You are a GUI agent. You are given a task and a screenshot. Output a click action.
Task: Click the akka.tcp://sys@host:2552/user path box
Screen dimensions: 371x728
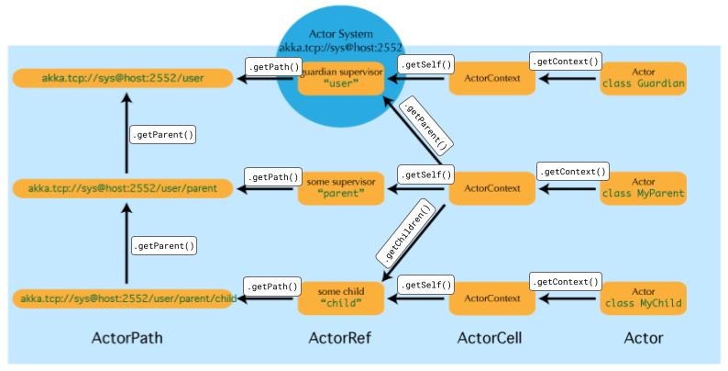click(123, 79)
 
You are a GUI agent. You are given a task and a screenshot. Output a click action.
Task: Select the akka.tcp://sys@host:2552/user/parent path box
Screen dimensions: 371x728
click(123, 188)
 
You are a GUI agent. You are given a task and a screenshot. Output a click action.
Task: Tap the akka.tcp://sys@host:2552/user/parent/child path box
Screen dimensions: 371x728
click(123, 298)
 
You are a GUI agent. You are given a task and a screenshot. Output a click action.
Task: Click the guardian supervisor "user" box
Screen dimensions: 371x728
click(340, 79)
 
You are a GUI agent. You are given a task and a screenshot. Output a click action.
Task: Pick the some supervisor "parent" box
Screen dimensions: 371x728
click(340, 188)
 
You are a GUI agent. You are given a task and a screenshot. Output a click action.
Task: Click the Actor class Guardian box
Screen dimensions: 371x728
click(644, 79)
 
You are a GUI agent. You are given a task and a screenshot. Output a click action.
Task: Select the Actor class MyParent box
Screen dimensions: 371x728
click(644, 188)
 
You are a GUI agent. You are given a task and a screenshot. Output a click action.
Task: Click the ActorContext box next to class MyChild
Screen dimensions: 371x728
click(491, 298)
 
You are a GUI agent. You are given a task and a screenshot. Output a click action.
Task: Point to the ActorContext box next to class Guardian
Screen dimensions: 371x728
click(491, 79)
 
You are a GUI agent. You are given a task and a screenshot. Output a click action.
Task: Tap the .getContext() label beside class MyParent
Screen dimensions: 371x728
click(573, 172)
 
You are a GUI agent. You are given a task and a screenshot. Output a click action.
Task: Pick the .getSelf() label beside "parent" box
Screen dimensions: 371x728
click(423, 174)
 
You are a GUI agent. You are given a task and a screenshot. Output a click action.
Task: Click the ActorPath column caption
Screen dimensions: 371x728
click(127, 339)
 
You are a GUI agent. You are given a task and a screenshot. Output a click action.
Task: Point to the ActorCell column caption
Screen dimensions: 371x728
click(490, 339)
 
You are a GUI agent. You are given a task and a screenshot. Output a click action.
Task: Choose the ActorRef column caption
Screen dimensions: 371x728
click(339, 339)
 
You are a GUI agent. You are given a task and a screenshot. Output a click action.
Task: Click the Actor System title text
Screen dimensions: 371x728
click(340, 34)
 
